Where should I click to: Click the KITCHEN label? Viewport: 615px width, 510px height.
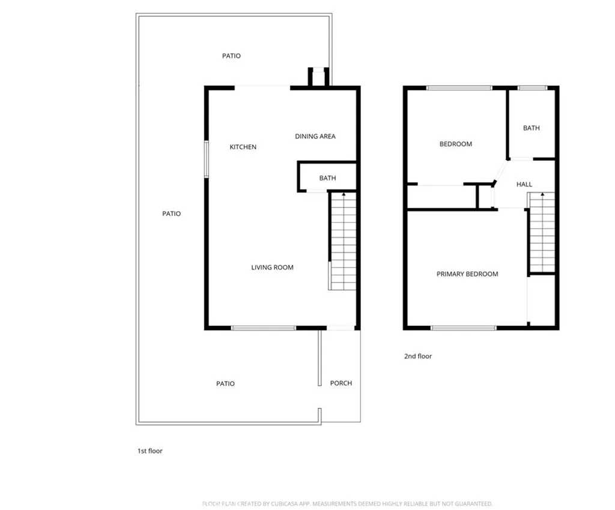click(x=243, y=147)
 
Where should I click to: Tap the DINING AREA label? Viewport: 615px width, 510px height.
click(x=315, y=137)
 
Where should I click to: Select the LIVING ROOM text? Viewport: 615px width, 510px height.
click(x=272, y=268)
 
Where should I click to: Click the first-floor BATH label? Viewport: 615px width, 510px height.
click(x=327, y=178)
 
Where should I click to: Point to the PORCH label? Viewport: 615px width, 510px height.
click(x=341, y=383)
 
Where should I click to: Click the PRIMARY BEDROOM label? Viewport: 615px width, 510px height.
click(x=467, y=274)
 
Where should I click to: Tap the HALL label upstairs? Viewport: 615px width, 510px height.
click(x=524, y=185)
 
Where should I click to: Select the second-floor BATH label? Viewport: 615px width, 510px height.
click(x=531, y=128)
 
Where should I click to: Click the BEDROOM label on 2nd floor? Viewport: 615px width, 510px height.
click(x=455, y=144)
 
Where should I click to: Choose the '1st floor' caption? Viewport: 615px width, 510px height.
click(x=150, y=451)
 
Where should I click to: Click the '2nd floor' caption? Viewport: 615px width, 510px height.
click(x=417, y=356)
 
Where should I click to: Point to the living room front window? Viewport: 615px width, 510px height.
click(x=264, y=328)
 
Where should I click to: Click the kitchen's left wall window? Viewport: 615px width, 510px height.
click(x=206, y=159)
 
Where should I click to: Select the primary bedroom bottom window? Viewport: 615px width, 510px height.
click(x=463, y=328)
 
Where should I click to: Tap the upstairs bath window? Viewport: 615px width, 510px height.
click(x=532, y=88)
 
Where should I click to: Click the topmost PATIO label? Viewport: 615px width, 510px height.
click(x=231, y=56)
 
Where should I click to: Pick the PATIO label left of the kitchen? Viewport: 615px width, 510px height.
click(x=171, y=214)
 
